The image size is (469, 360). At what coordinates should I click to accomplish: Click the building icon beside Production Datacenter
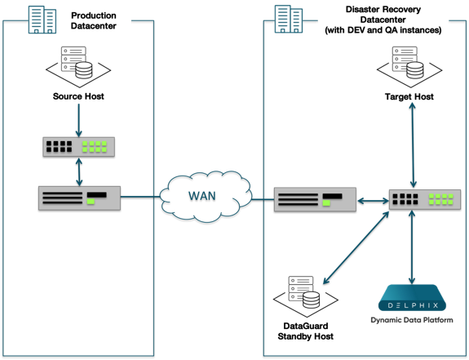(x=42, y=20)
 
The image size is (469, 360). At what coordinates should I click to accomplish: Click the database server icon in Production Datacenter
(x=76, y=63)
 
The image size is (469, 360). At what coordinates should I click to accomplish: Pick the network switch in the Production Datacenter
(x=78, y=147)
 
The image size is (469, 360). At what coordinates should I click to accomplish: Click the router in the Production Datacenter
(x=79, y=198)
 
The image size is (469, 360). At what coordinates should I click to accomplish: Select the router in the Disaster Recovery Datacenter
(x=314, y=198)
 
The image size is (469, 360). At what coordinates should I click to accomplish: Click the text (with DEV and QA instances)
(x=382, y=30)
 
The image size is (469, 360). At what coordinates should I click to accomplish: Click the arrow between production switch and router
(x=79, y=171)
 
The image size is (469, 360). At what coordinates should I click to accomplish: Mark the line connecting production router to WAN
(x=141, y=196)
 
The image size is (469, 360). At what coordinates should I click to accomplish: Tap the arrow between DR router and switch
(x=371, y=199)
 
